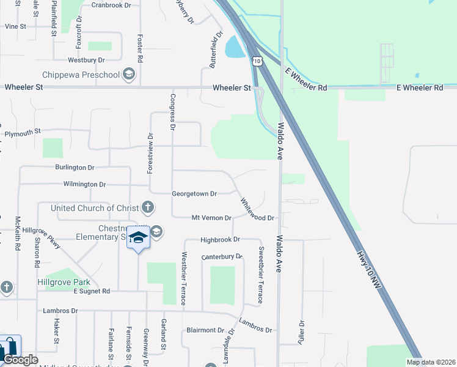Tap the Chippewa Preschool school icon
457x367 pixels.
(x=128, y=75)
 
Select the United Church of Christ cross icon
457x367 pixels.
(x=147, y=208)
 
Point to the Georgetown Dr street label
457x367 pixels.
(x=194, y=194)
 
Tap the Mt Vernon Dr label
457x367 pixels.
(x=211, y=218)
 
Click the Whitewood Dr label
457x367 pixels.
(x=257, y=209)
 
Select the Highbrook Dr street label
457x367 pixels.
(x=220, y=240)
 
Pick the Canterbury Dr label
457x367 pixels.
(x=222, y=256)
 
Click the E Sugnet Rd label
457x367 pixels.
(x=91, y=291)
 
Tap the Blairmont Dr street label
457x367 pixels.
(x=205, y=330)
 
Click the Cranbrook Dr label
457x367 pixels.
(x=111, y=5)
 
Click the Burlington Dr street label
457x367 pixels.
(x=75, y=167)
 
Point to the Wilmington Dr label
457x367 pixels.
(x=84, y=184)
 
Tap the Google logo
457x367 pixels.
(x=20, y=360)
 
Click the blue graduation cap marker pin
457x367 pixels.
(x=139, y=238)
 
